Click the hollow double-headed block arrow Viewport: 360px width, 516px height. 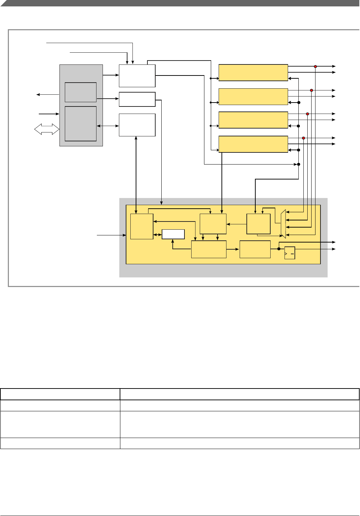(47, 129)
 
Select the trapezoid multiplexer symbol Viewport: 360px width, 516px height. (283, 224)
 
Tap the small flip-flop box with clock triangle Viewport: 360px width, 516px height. (289, 253)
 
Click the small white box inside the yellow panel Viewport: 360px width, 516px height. (173, 234)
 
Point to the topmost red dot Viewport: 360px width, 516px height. (315, 67)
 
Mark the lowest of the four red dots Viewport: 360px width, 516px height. (303, 138)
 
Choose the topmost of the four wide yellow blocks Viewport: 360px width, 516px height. (253, 73)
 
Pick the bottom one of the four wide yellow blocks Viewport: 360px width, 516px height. (253, 144)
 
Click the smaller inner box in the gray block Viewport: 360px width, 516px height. (80, 92)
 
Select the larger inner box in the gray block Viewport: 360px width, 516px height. (80, 124)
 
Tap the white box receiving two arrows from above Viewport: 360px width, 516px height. (137, 75)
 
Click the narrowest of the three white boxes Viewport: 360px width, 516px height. (137, 99)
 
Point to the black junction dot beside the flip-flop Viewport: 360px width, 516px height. (279, 249)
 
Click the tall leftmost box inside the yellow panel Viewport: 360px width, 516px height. (142, 226)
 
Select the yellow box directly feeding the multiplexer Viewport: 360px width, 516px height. (259, 224)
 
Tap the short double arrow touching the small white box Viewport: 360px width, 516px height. (157, 235)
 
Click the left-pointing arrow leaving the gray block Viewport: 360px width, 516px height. (48, 94)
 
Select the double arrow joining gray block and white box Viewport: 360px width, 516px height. (108, 126)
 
